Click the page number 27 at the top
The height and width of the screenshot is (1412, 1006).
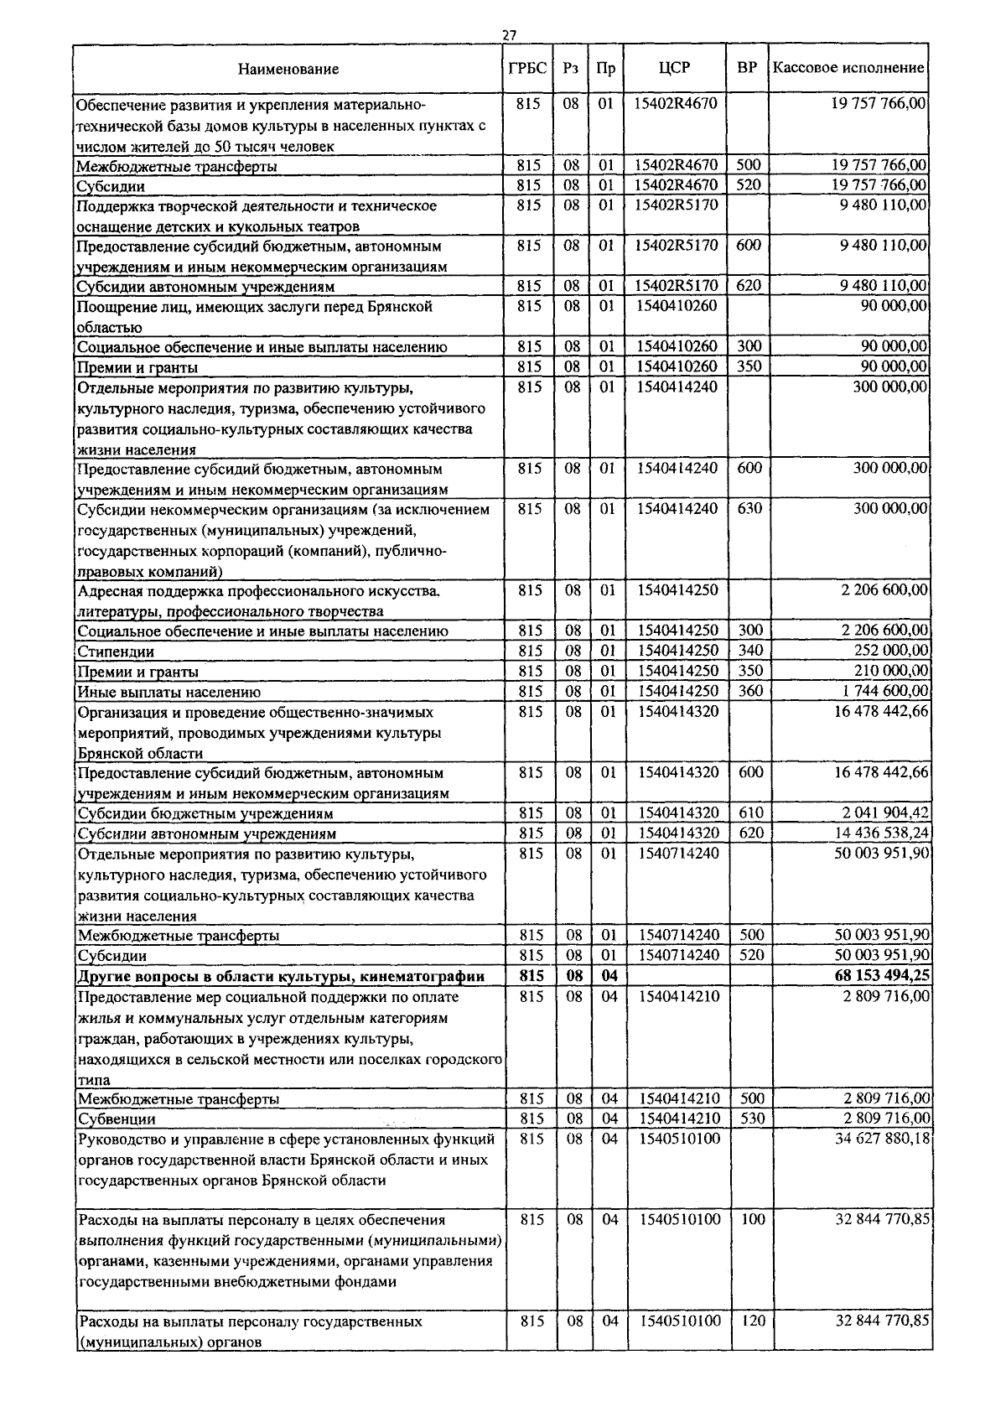coord(509,35)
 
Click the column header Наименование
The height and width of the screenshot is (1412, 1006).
coord(288,69)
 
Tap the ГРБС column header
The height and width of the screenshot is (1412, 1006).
coord(528,68)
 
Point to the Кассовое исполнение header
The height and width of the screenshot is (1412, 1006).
coord(848,68)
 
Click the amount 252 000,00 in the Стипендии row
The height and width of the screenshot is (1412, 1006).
coord(891,651)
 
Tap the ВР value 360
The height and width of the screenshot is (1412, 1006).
coord(751,691)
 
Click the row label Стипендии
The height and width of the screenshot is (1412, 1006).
coord(116,651)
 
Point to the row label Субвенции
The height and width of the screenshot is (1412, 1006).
coord(117,1119)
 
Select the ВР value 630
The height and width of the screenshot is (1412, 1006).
coord(749,508)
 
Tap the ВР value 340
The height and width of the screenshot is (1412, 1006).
coord(751,651)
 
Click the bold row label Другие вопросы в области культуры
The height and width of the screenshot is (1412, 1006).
coord(281,976)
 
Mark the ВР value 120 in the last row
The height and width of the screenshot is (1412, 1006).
coord(753,1321)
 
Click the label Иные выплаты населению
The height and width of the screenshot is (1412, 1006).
coord(169,692)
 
